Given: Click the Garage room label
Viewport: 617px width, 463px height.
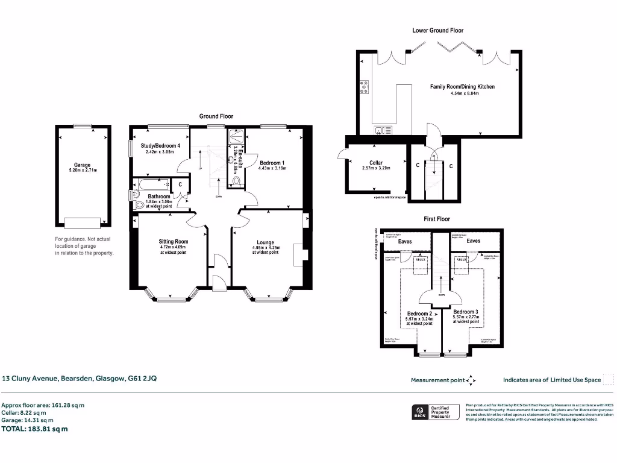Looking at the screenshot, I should point(82,165).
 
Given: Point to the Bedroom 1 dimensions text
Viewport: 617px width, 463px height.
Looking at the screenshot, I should point(273,168).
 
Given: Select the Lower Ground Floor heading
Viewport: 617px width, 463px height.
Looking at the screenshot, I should point(437,30).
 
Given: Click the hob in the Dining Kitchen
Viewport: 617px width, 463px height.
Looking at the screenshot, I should point(364,88).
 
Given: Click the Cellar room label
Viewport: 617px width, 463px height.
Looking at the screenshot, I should point(376,163).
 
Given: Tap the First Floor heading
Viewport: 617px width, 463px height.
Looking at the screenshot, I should point(437,219).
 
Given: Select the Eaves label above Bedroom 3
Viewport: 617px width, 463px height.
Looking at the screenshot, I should point(474,241).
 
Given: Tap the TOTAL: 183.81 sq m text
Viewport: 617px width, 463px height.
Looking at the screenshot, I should point(35,429).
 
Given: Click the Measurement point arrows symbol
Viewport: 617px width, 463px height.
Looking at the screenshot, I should point(472,380).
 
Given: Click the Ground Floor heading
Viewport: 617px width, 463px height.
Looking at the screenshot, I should point(216,116).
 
